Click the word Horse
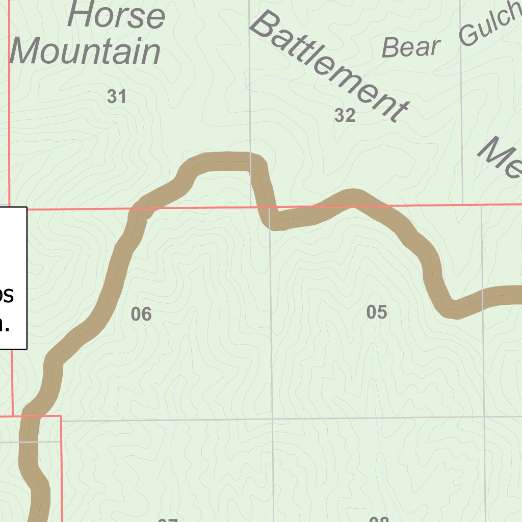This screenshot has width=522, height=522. tap(116, 15)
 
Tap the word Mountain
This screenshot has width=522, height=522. tap(85, 52)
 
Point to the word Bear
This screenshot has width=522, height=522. tap(410, 47)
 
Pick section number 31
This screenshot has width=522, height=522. tap(117, 96)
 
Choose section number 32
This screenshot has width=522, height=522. tap(345, 116)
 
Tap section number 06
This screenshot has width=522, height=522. tap(141, 314)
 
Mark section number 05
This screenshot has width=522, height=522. tap(377, 312)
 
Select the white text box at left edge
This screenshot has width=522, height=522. tap(13, 278)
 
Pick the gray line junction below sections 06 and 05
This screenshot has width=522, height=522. tap(272, 419)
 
